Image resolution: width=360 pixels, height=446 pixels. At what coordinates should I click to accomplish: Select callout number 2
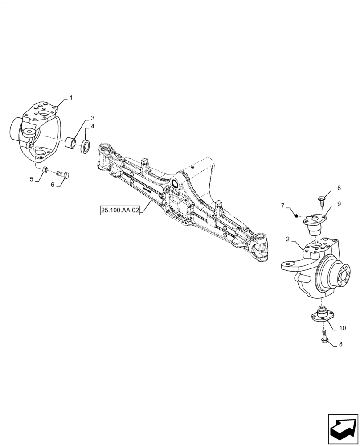tap(288, 240)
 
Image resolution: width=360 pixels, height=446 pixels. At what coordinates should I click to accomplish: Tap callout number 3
tap(92, 118)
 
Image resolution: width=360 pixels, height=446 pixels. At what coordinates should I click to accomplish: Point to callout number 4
tap(92, 127)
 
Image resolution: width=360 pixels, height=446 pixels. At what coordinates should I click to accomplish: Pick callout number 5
tap(32, 179)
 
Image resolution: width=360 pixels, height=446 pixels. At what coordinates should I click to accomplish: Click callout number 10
tap(342, 328)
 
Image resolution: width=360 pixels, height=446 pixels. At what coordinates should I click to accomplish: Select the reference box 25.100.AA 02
tap(120, 210)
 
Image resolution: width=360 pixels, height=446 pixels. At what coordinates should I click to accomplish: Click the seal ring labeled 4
tap(85, 147)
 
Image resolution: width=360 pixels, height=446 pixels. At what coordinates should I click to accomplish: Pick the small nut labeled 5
tap(45, 170)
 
